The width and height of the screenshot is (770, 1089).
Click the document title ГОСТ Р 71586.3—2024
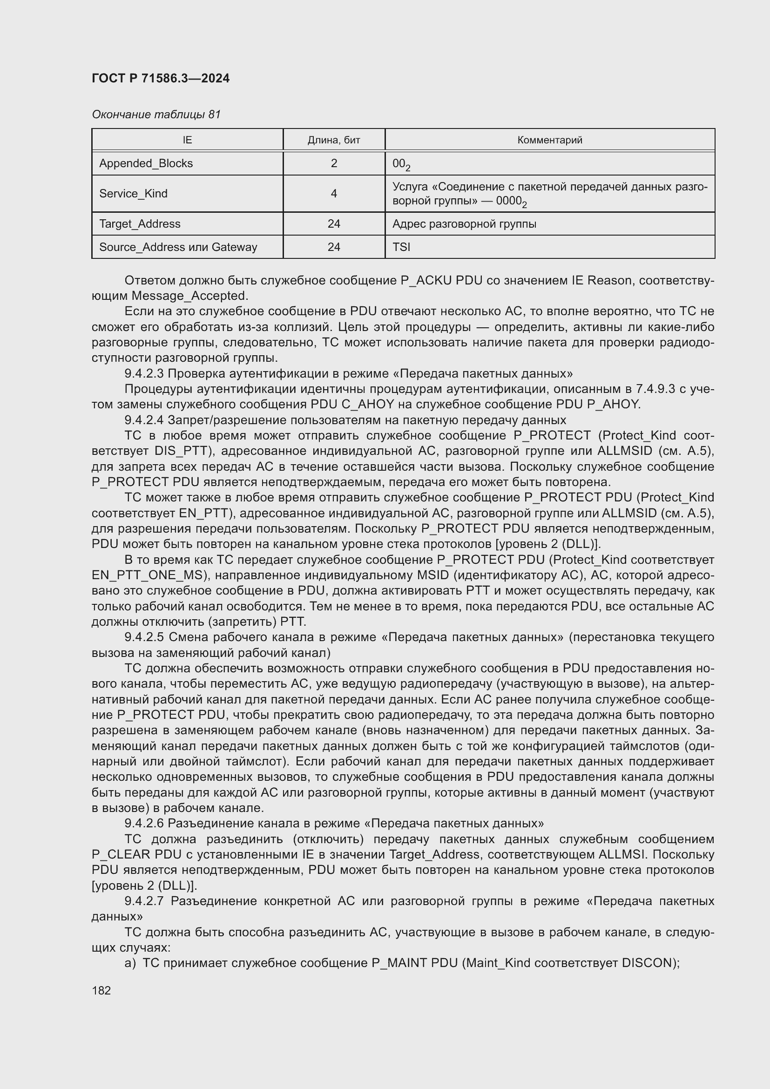click(160, 78)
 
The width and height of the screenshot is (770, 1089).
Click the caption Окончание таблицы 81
click(156, 115)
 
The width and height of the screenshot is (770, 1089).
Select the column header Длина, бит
click(334, 140)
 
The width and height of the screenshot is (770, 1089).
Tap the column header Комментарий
click(549, 140)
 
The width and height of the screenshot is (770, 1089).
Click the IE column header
click(187, 140)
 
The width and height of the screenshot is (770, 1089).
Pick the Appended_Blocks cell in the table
click(146, 163)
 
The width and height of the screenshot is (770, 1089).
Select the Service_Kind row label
click(133, 194)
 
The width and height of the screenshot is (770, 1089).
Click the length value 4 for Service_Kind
click(334, 194)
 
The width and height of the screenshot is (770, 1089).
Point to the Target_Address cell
click(140, 224)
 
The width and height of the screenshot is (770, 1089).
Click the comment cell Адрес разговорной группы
click(464, 224)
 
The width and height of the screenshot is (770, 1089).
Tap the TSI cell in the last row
click(401, 247)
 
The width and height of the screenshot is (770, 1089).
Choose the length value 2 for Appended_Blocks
click(334, 163)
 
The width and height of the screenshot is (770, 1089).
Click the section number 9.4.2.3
click(144, 373)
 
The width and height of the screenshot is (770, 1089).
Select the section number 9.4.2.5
click(144, 637)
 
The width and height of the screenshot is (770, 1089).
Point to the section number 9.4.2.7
click(144, 901)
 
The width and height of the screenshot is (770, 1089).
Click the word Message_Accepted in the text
click(189, 296)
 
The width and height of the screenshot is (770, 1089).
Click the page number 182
click(101, 990)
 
